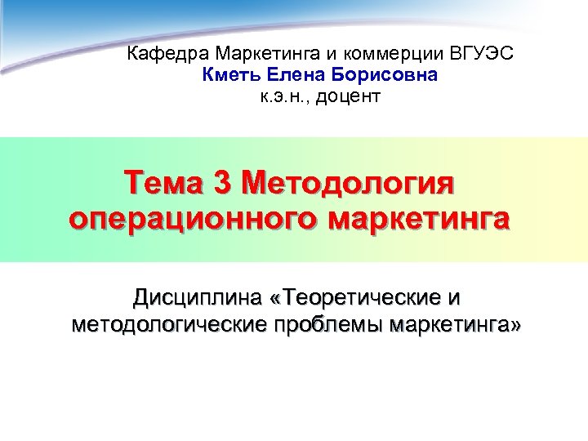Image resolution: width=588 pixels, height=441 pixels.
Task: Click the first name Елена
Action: [x=291, y=76]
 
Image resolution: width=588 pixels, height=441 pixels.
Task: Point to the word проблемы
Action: [x=323, y=325]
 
